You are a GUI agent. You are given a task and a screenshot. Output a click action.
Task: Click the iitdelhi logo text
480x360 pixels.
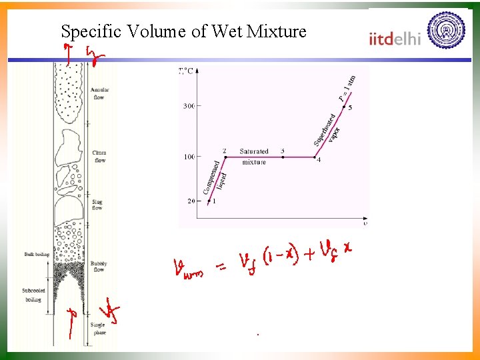click(395, 38)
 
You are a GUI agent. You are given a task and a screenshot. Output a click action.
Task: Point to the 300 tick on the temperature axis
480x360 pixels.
click(189, 105)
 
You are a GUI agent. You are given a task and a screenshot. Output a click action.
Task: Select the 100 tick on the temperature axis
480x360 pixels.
click(189, 157)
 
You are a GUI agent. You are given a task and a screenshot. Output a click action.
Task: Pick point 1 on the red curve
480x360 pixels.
click(209, 201)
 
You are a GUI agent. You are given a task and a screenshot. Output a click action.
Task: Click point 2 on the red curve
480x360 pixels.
click(225, 157)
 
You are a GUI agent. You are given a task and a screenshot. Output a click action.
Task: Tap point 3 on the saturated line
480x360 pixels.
click(283, 157)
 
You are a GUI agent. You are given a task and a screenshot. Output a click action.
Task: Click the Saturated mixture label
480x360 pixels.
click(254, 157)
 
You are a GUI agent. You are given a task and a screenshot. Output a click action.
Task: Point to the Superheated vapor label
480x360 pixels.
click(327, 129)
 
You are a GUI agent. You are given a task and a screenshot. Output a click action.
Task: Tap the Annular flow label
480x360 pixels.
click(99, 93)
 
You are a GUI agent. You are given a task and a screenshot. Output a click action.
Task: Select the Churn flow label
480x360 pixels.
click(100, 157)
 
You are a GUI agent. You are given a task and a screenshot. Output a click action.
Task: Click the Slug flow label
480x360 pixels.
click(97, 205)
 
